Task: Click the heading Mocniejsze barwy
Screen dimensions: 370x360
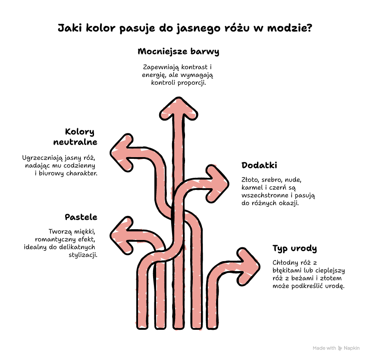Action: pos(179,51)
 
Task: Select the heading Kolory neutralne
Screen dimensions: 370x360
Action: pos(75,137)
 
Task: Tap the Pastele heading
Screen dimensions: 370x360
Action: pos(81,217)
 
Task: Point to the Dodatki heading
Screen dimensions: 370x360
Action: pos(259,165)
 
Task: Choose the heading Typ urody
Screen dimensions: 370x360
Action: pos(295,249)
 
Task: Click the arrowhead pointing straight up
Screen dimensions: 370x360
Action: pos(179,109)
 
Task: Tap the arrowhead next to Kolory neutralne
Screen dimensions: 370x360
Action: pos(122,153)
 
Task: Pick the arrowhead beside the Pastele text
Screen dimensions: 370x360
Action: pos(122,236)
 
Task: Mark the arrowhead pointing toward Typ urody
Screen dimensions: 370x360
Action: pos(248,267)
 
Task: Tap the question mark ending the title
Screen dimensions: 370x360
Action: pos(310,28)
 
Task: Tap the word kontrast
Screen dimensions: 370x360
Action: pos(194,67)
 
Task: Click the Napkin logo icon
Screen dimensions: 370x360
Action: pos(340,348)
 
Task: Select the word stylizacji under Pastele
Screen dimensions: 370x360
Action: pos(83,255)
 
